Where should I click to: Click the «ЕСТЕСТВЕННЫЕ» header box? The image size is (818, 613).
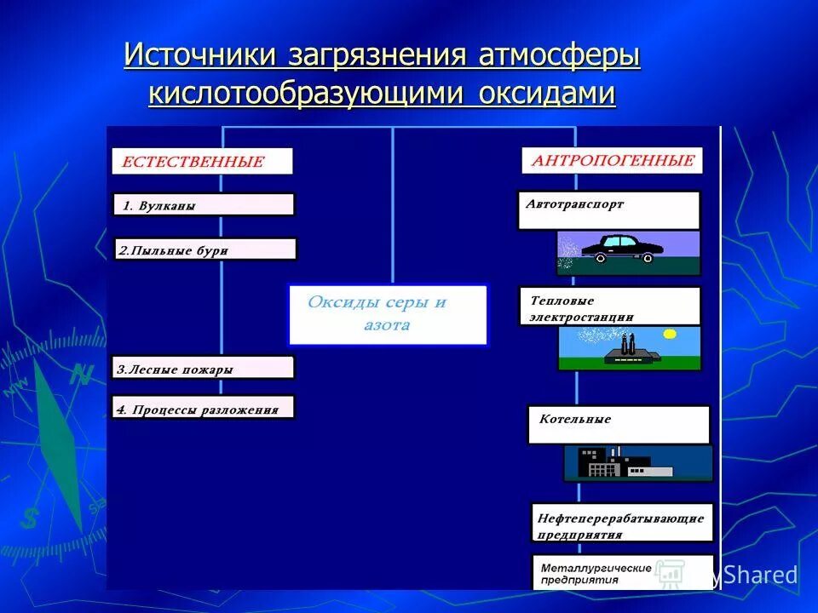[x=202, y=161]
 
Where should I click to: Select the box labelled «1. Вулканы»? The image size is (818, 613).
[x=203, y=205]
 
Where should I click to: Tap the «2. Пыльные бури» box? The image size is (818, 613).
[x=204, y=249]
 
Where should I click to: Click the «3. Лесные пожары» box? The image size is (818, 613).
[x=203, y=368]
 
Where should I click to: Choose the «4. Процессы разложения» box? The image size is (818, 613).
[x=203, y=407]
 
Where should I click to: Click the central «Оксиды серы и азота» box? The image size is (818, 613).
[x=388, y=315]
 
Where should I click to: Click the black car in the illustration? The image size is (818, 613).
[x=621, y=248]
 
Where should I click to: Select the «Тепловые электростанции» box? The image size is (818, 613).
[x=609, y=306]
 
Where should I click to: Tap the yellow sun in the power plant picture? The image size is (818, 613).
[x=670, y=335]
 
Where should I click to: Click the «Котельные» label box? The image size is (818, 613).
[x=618, y=424]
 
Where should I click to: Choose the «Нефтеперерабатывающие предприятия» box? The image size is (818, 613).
[x=622, y=524]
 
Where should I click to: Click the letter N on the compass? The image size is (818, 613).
[x=81, y=374]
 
